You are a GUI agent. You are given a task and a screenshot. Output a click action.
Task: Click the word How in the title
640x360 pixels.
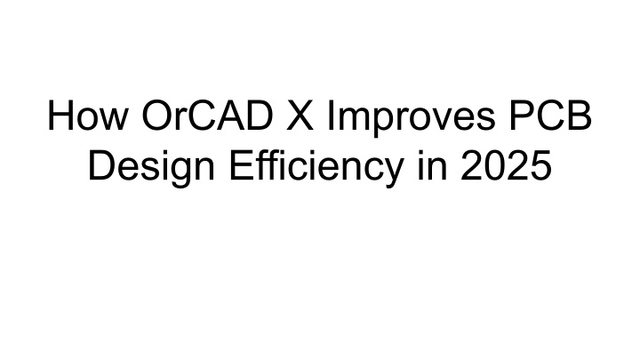click(x=88, y=116)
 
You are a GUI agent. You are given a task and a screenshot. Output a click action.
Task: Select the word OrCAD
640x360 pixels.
click(x=207, y=116)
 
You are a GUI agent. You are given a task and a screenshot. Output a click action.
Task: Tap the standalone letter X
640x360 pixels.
click(x=300, y=116)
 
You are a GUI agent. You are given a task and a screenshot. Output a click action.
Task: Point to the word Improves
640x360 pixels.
click(x=412, y=119)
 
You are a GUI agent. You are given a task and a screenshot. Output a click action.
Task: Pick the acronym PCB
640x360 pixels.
click(x=550, y=116)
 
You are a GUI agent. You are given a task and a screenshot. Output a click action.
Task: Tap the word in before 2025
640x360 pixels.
click(x=432, y=165)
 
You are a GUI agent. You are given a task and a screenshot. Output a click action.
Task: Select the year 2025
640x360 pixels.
click(x=507, y=165)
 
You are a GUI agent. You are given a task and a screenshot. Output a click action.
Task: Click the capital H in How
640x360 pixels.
click(x=60, y=116)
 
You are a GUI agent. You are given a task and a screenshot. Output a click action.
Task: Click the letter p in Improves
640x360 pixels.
click(x=380, y=124)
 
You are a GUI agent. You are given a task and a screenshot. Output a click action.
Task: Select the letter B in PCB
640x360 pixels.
click(x=580, y=116)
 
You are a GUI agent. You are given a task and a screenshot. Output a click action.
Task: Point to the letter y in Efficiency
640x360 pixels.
click(x=392, y=173)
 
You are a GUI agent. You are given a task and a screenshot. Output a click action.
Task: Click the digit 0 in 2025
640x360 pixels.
click(x=495, y=165)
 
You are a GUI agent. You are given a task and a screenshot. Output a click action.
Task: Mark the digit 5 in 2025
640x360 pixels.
click(x=541, y=166)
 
